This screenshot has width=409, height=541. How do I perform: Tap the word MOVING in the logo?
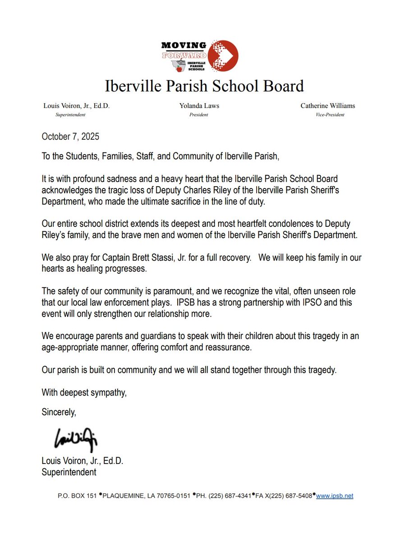(184, 46)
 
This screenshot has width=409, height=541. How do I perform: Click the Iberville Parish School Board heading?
(204, 85)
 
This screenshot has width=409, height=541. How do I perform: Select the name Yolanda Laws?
(199, 106)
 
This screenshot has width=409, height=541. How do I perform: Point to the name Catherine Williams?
(328, 106)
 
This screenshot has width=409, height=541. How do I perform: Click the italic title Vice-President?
(328, 115)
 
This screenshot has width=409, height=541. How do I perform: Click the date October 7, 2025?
(70, 136)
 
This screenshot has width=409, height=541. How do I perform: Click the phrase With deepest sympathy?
(84, 393)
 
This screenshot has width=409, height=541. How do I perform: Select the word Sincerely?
(59, 412)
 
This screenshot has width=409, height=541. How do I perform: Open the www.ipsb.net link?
(334, 496)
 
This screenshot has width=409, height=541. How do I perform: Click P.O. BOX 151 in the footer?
(77, 496)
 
